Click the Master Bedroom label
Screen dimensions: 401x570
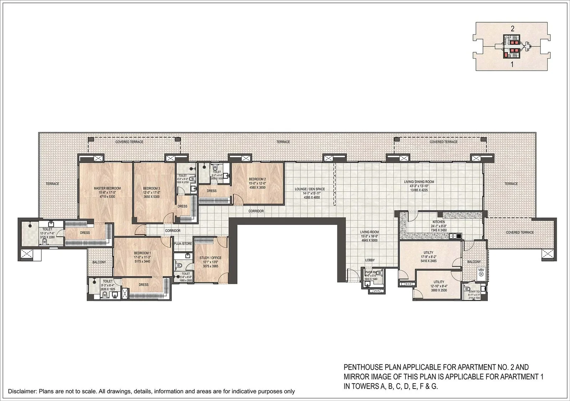(x=107, y=188)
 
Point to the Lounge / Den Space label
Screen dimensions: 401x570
(x=310, y=189)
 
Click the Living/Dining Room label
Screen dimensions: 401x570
(x=419, y=182)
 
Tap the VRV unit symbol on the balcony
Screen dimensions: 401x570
(x=481, y=270)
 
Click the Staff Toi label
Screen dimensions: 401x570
(x=474, y=292)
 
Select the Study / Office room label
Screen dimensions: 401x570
(x=210, y=258)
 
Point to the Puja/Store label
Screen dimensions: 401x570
(x=183, y=244)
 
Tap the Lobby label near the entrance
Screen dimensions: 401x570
(x=369, y=260)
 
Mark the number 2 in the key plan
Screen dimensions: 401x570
(x=512, y=30)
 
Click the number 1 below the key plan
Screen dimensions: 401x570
(x=512, y=65)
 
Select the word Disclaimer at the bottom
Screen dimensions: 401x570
(x=22, y=391)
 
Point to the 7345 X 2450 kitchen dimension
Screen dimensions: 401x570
(x=438, y=230)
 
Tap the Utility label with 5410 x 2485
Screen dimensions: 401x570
(x=429, y=253)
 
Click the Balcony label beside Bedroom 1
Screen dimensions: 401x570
(x=99, y=262)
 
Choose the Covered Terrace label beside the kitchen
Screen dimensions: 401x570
(x=520, y=232)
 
